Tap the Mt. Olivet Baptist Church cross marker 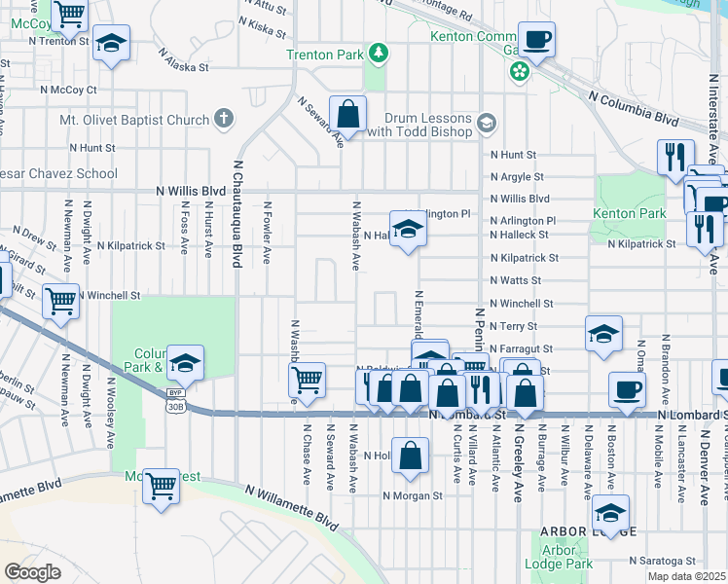(x=223, y=120)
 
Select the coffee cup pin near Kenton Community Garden (x=536, y=40)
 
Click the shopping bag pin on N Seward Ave (x=347, y=114)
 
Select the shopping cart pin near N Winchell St (x=60, y=302)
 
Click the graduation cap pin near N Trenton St (x=112, y=44)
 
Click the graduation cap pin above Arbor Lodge (x=610, y=513)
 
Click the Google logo (x=33, y=572)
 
